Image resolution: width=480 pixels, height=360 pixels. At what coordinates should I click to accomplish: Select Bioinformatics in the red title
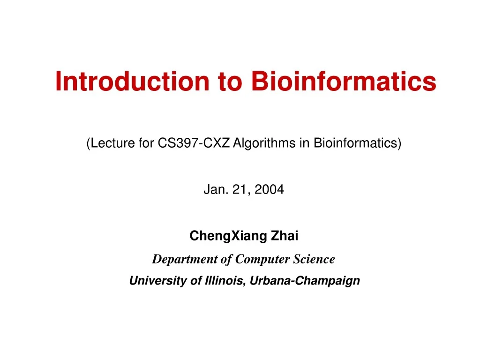pos(344,81)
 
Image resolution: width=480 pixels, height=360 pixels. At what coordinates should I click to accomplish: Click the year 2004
pos(270,190)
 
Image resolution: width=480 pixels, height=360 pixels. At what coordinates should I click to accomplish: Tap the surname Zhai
pos(285,236)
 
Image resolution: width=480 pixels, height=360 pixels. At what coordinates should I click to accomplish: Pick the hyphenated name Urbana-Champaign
pos(305,281)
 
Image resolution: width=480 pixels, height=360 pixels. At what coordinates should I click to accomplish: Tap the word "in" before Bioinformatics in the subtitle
pos(304,143)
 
